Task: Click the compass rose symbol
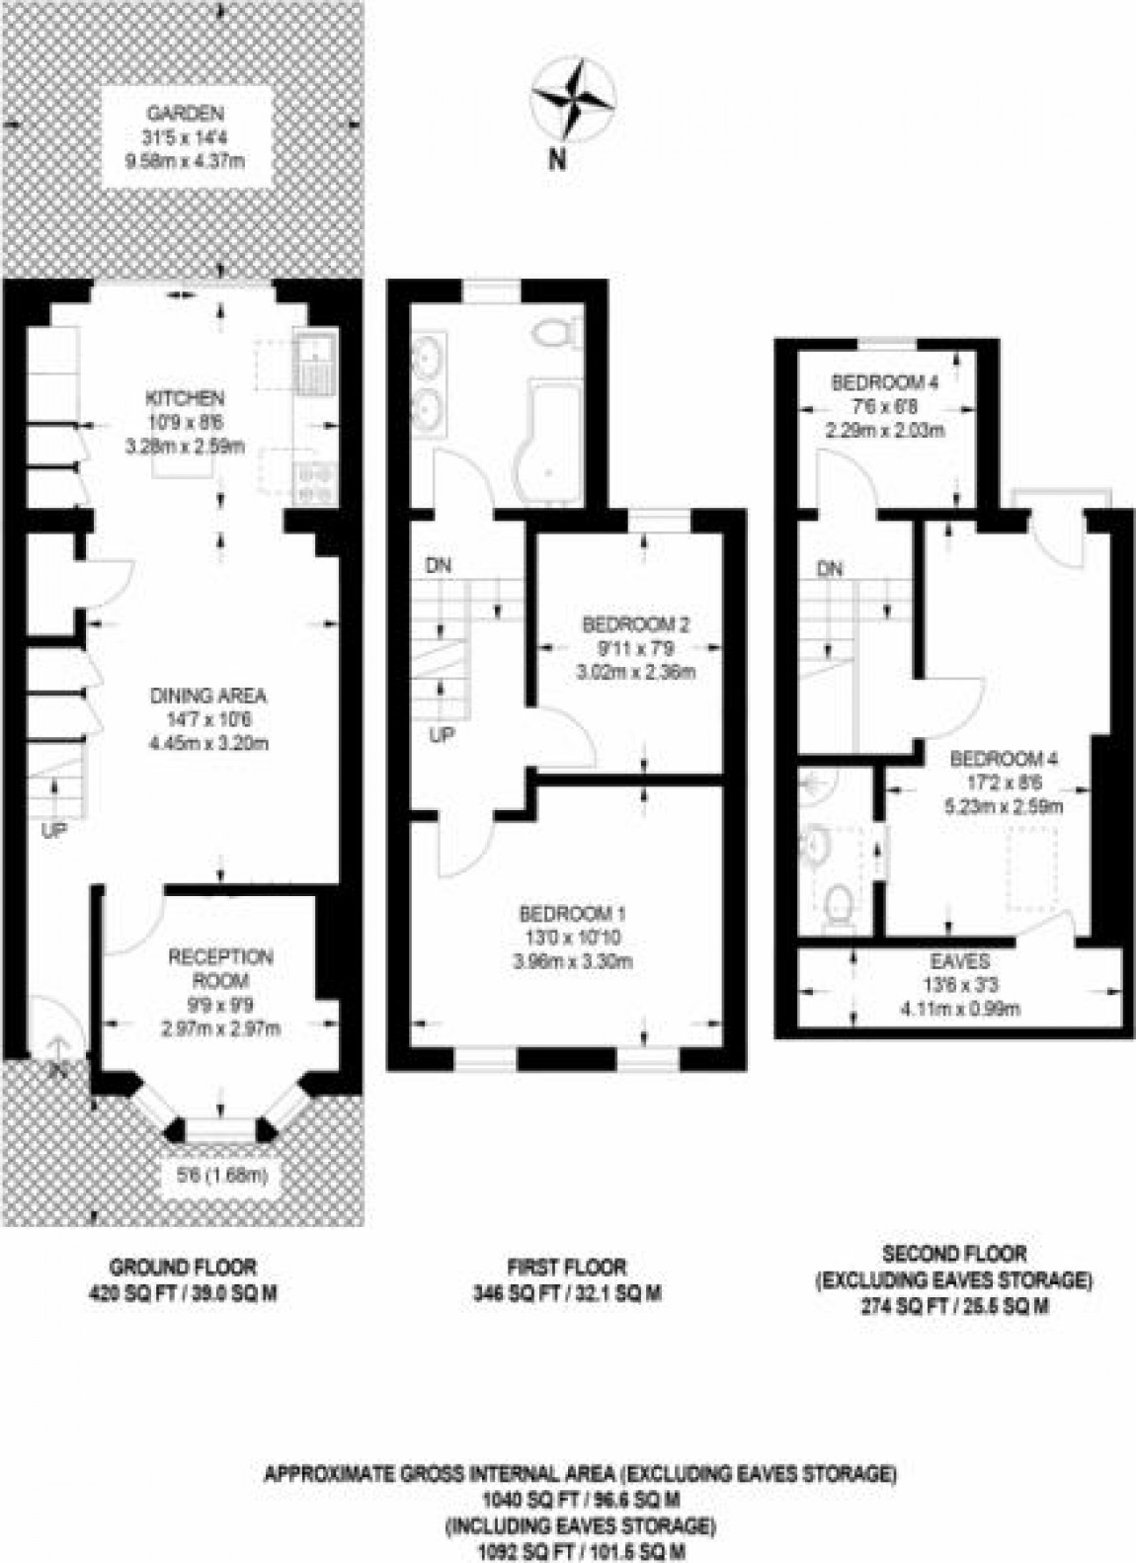(574, 100)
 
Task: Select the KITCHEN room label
(185, 399)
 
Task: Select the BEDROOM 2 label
(635, 624)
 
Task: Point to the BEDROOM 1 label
(573, 912)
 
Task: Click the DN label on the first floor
(439, 565)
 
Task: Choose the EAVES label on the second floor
(959, 961)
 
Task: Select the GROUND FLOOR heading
(183, 1266)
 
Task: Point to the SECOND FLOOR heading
(953, 1254)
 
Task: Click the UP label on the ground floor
(54, 833)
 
